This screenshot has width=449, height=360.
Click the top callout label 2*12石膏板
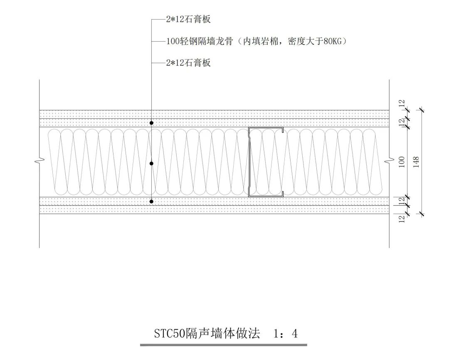188,20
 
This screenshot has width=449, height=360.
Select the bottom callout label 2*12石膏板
188,63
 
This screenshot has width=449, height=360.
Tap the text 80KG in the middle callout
333,41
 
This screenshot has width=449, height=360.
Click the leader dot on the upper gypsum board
152,123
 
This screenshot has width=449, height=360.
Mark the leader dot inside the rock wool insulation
152,164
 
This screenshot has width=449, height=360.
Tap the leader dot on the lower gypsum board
152,201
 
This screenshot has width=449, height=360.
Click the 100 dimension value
402,161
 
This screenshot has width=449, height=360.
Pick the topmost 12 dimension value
402,104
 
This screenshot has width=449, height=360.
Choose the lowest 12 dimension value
402,219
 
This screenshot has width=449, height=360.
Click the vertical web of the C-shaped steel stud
249,161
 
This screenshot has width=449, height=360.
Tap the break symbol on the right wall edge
389,161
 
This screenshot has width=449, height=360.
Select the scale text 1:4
286,333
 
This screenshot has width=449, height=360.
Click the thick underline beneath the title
223,345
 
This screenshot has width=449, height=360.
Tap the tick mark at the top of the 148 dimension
422,110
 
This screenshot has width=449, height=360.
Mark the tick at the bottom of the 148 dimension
422,214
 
